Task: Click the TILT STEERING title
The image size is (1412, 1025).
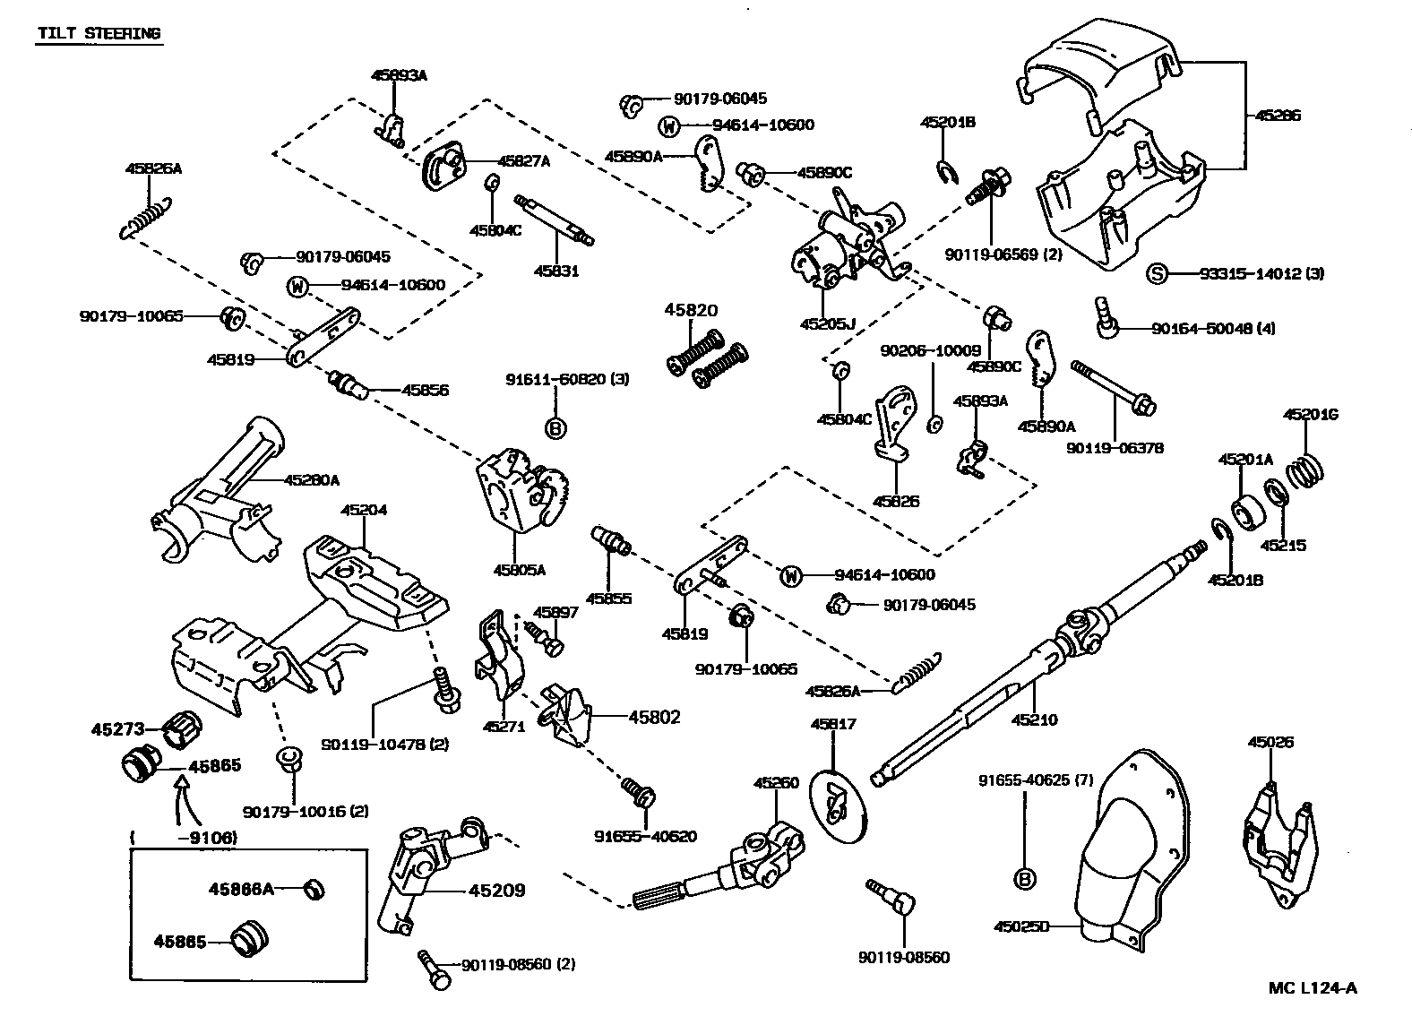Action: click(99, 34)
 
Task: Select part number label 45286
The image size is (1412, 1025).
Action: click(1277, 116)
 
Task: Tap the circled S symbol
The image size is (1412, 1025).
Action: click(1157, 273)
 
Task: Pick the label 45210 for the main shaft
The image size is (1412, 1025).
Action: click(1034, 719)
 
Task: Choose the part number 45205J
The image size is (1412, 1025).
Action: click(828, 323)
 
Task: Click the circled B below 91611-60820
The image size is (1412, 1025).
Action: click(555, 428)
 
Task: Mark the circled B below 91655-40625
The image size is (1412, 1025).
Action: click(1024, 879)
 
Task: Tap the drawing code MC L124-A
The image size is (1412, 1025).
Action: click(1313, 988)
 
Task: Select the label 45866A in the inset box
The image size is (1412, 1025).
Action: click(240, 889)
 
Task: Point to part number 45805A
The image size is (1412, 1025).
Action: click(519, 568)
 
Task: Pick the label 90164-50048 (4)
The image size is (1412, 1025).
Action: click(1213, 329)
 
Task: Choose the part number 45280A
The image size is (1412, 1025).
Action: click(311, 480)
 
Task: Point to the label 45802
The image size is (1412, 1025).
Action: click(654, 717)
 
